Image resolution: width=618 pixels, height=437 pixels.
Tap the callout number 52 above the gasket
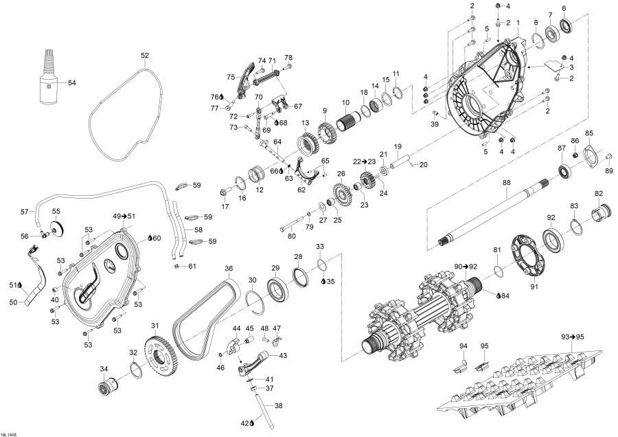144,55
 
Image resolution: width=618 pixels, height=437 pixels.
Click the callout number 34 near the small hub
104,369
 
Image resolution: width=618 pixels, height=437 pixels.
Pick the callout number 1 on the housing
518,22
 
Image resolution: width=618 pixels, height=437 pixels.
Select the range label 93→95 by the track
573,337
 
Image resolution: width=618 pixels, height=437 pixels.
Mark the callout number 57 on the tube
24,212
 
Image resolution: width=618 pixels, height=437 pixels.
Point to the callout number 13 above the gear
304,122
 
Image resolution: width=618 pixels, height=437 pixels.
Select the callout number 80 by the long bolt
292,237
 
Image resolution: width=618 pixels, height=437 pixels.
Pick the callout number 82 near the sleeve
599,194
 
